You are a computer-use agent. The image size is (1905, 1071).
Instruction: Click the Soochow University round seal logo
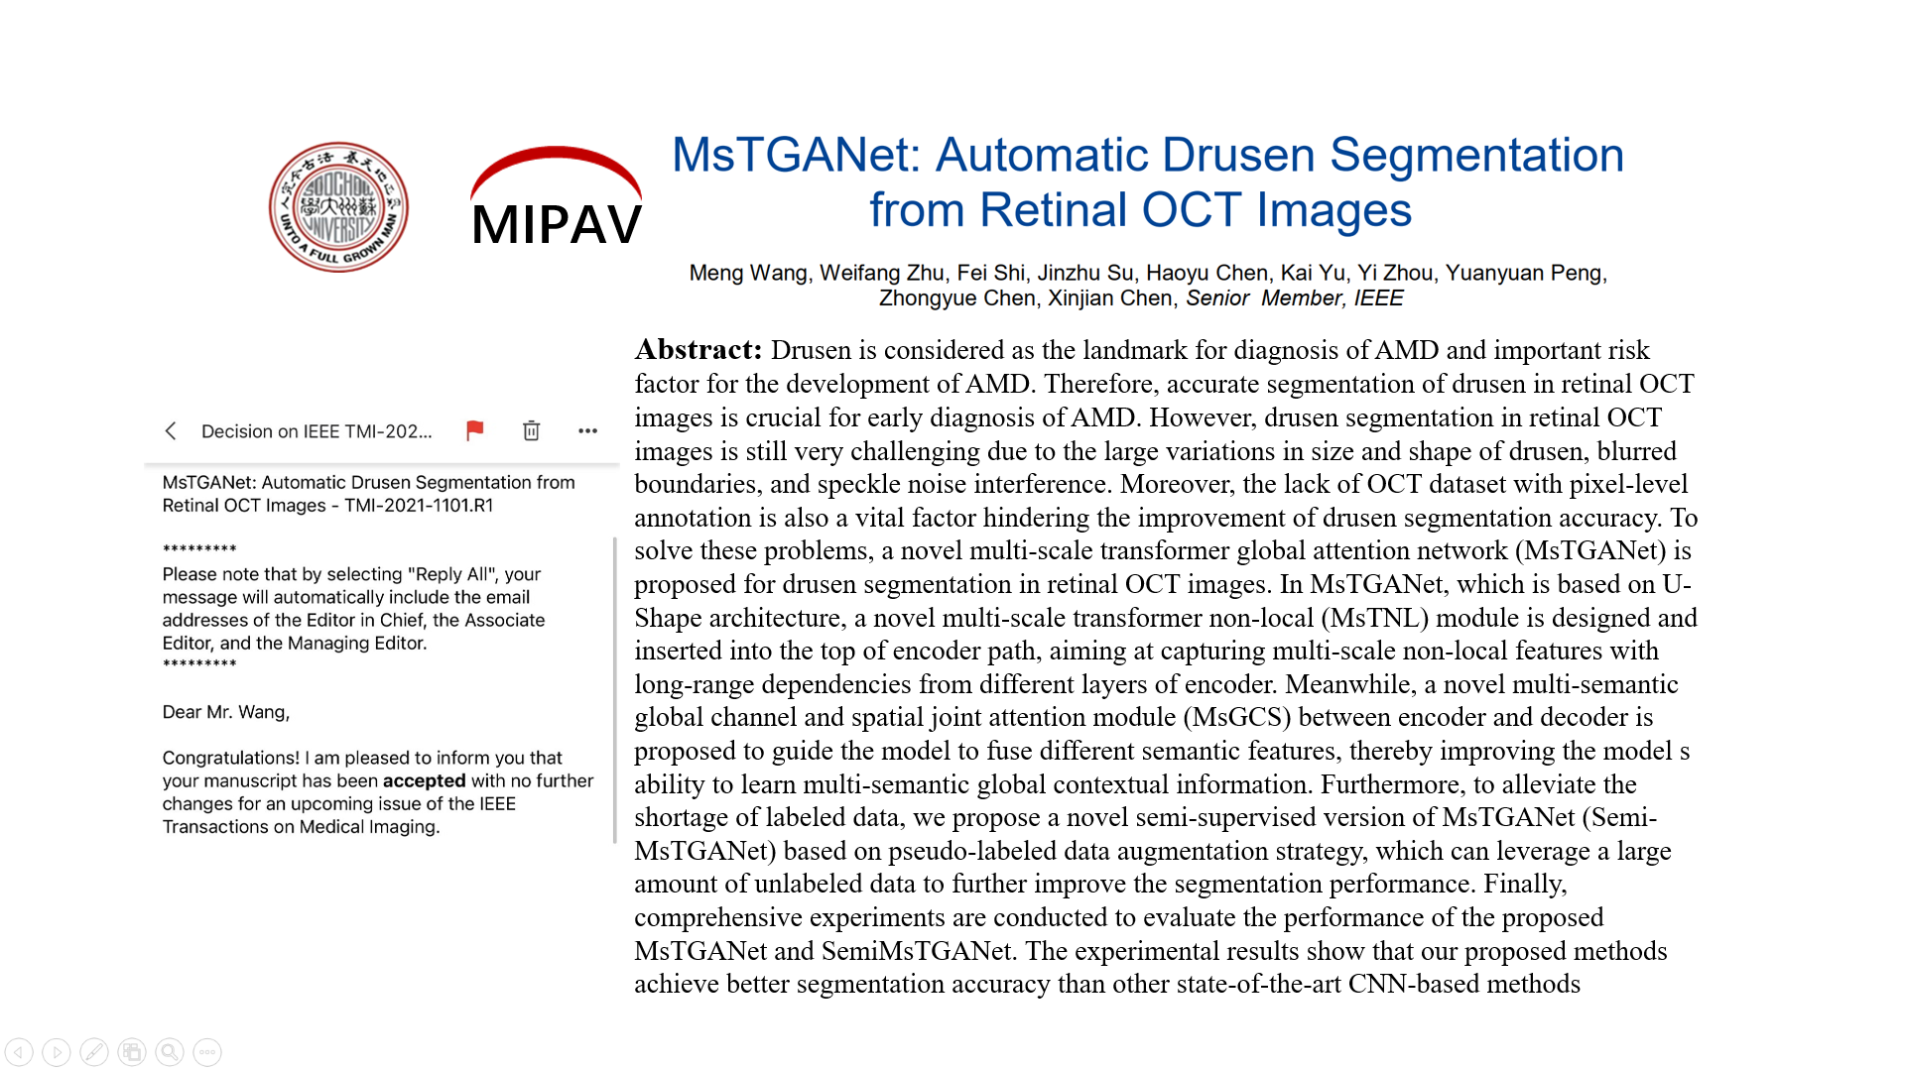pyautogui.click(x=338, y=207)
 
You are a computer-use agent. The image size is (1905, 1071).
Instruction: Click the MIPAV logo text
pyautogui.click(x=557, y=224)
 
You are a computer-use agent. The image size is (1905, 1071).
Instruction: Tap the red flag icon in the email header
pyautogui.click(x=474, y=430)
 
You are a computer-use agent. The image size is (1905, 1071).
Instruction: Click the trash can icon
pyautogui.click(x=531, y=430)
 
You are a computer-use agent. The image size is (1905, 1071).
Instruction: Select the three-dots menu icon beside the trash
pyautogui.click(x=587, y=430)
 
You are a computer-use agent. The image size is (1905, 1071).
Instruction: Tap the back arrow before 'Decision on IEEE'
pyautogui.click(x=171, y=430)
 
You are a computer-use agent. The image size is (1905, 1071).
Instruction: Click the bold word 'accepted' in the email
pyautogui.click(x=424, y=781)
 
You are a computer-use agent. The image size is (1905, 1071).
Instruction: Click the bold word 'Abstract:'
pyautogui.click(x=698, y=350)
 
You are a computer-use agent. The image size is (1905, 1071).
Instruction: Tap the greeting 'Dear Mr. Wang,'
pyautogui.click(x=226, y=712)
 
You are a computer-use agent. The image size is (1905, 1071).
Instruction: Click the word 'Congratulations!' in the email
pyautogui.click(x=230, y=759)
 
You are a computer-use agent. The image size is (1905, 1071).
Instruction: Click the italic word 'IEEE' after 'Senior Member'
pyautogui.click(x=1379, y=298)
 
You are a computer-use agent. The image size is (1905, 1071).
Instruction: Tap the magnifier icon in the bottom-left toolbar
pyautogui.click(x=170, y=1052)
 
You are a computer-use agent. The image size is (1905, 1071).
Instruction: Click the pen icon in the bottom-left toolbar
pyautogui.click(x=94, y=1052)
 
